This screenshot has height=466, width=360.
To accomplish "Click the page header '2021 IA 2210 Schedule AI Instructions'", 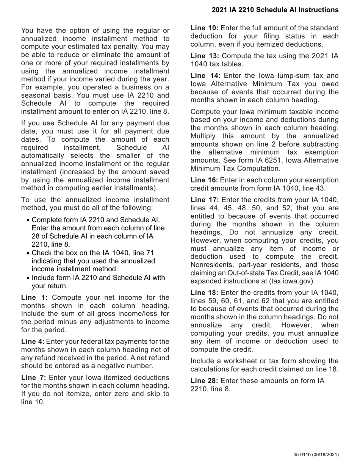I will click(x=275, y=10).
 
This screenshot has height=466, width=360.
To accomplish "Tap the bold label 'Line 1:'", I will click(x=34, y=297).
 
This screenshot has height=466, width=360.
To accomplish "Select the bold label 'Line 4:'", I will click(x=33, y=342).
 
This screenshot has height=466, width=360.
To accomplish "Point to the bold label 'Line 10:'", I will click(x=204, y=28).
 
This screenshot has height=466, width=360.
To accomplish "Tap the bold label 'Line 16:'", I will click(x=204, y=180).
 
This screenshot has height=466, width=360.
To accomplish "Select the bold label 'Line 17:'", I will click(x=205, y=200).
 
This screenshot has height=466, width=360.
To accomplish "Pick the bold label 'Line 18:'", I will click(x=204, y=293).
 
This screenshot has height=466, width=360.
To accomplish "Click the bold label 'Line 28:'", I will click(x=204, y=381).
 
